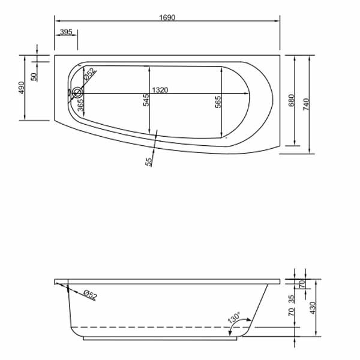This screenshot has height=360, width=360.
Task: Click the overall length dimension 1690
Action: tap(167, 17)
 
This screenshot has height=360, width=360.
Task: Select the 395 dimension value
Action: tap(66, 31)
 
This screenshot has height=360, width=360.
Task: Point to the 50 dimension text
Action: tap(34, 76)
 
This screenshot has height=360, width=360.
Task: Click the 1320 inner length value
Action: tap(160, 89)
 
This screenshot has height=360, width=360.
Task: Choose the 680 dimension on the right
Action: tap(292, 101)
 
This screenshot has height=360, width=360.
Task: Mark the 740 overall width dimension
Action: tap(307, 103)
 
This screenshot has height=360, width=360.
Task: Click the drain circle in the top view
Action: tap(77, 93)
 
